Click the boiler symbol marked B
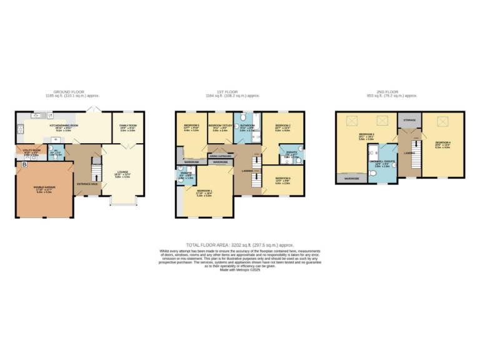coord(24,164)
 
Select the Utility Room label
coord(30,151)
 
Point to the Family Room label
coord(128,127)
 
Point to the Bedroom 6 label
coord(282,180)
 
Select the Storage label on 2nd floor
coord(409,119)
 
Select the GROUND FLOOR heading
coord(72,92)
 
